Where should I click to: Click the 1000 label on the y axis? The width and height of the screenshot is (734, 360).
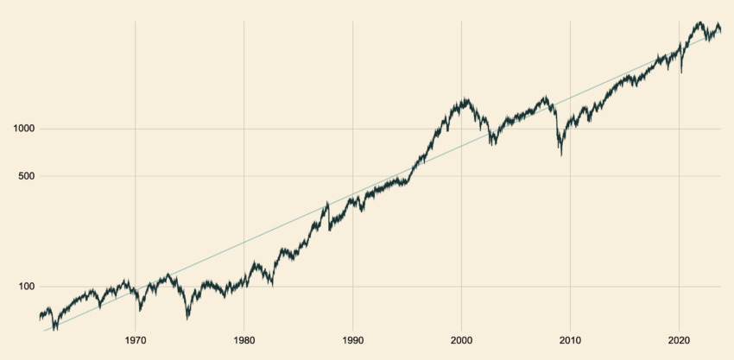pos(24,129)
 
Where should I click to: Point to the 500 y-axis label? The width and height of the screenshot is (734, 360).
pos(27,176)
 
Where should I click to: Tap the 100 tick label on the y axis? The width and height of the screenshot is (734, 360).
pos(27,287)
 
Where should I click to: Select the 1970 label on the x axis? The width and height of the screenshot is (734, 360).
pos(136,340)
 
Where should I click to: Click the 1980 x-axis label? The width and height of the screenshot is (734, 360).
pos(244,340)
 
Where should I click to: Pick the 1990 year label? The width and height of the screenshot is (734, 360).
pos(353,340)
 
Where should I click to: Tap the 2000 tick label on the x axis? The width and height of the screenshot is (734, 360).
pos(461,340)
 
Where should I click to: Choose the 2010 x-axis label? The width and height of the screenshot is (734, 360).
pos(570,340)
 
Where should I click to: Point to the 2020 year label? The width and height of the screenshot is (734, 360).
pos(679,340)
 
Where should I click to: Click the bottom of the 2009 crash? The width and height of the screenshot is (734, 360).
pos(561,156)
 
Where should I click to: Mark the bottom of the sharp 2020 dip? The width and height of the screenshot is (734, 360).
pos(681,73)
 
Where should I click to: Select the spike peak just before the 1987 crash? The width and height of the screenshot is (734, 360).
pos(327,202)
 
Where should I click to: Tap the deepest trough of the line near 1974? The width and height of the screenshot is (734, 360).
pos(187,319)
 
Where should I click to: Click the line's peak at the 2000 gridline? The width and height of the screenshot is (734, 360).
pos(465,98)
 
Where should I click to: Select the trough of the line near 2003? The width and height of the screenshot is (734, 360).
pos(492,144)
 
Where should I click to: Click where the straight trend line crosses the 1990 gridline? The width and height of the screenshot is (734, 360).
pos(353,193)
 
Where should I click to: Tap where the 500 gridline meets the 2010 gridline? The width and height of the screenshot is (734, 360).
pos(570,176)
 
